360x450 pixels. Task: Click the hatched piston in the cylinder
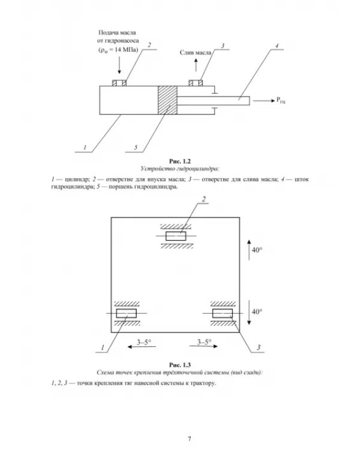[x=167, y=100]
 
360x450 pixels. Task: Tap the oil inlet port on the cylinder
[x=119, y=83]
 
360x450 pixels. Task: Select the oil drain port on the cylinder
[x=196, y=83]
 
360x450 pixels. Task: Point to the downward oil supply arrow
[x=119, y=65]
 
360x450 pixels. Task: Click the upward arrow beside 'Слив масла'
[x=196, y=65]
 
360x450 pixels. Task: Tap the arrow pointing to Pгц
[x=264, y=101]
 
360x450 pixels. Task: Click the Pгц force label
[x=281, y=100]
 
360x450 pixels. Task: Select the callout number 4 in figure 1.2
[x=277, y=46]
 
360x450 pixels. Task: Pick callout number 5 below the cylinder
[x=136, y=148]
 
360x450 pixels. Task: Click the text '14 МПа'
[x=126, y=49]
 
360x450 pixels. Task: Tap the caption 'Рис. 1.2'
[x=180, y=161]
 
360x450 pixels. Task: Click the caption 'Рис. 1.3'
[x=180, y=365]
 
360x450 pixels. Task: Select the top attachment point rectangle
[x=176, y=236]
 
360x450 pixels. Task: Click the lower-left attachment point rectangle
[x=127, y=313]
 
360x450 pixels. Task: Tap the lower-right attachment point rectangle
[x=223, y=313]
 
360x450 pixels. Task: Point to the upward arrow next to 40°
[x=249, y=250]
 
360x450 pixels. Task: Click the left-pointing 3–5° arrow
[x=142, y=347]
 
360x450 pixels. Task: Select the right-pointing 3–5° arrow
[x=203, y=346]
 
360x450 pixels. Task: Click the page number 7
[x=189, y=439]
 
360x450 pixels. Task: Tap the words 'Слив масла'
[x=196, y=53]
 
